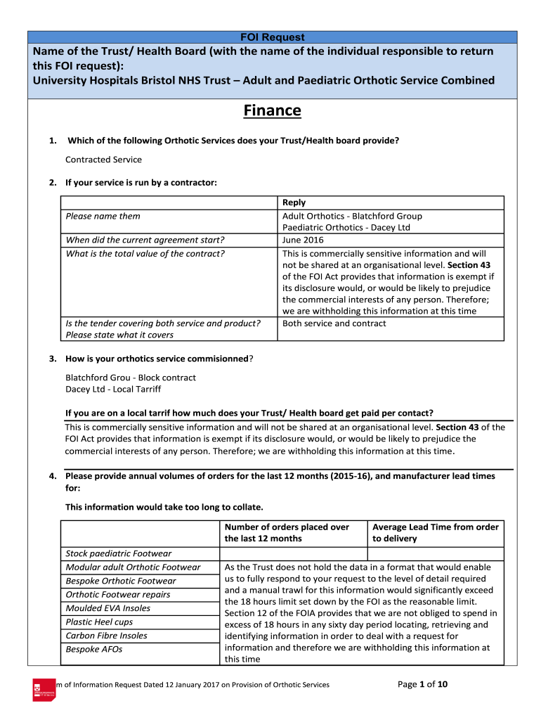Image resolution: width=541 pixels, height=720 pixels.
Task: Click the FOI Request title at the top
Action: (x=273, y=37)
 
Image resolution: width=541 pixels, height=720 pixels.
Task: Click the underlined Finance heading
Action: (x=273, y=111)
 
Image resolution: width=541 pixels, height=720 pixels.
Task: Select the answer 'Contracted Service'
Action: (x=103, y=160)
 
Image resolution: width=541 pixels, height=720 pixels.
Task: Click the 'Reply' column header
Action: (x=294, y=202)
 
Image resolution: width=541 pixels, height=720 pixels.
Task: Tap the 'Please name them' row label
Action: (x=103, y=217)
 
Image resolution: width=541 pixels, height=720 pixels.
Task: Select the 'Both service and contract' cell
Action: (x=334, y=323)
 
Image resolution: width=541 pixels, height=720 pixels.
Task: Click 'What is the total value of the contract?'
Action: (x=145, y=254)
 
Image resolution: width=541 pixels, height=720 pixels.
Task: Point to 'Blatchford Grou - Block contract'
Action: (x=131, y=378)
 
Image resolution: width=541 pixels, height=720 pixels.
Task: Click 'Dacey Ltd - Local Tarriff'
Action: (x=113, y=389)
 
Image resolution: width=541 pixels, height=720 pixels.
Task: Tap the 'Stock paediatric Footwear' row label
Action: (x=118, y=553)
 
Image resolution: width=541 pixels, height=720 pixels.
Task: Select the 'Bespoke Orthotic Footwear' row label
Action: (x=121, y=581)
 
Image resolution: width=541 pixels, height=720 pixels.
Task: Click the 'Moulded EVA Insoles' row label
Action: (x=107, y=608)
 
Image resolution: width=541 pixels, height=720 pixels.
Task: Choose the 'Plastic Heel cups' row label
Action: (x=99, y=622)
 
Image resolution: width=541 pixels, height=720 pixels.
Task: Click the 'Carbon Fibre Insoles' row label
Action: (x=106, y=636)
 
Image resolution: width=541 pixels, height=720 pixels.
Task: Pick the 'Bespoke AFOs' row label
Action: (x=93, y=649)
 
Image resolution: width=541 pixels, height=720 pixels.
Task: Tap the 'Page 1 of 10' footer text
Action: (x=427, y=684)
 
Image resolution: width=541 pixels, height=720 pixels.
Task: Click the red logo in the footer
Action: (x=44, y=689)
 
